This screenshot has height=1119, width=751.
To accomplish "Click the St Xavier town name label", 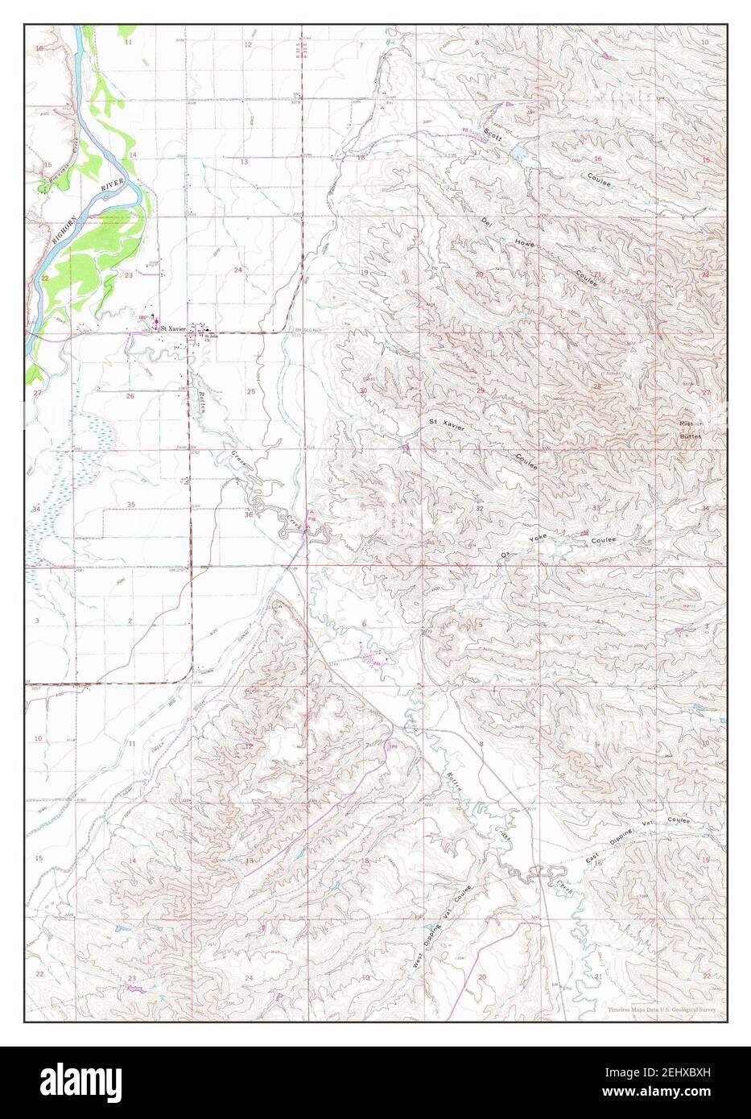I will tap(173, 328).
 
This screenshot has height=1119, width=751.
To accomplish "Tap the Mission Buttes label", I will tap(690, 429).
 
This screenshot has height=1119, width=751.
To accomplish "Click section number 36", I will tap(249, 515).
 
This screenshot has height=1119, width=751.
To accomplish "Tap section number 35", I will tap(130, 504).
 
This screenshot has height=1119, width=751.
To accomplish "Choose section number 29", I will tap(480, 390).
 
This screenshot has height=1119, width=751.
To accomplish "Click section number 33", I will tap(596, 509).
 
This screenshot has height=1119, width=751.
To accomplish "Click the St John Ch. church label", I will tap(211, 337).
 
